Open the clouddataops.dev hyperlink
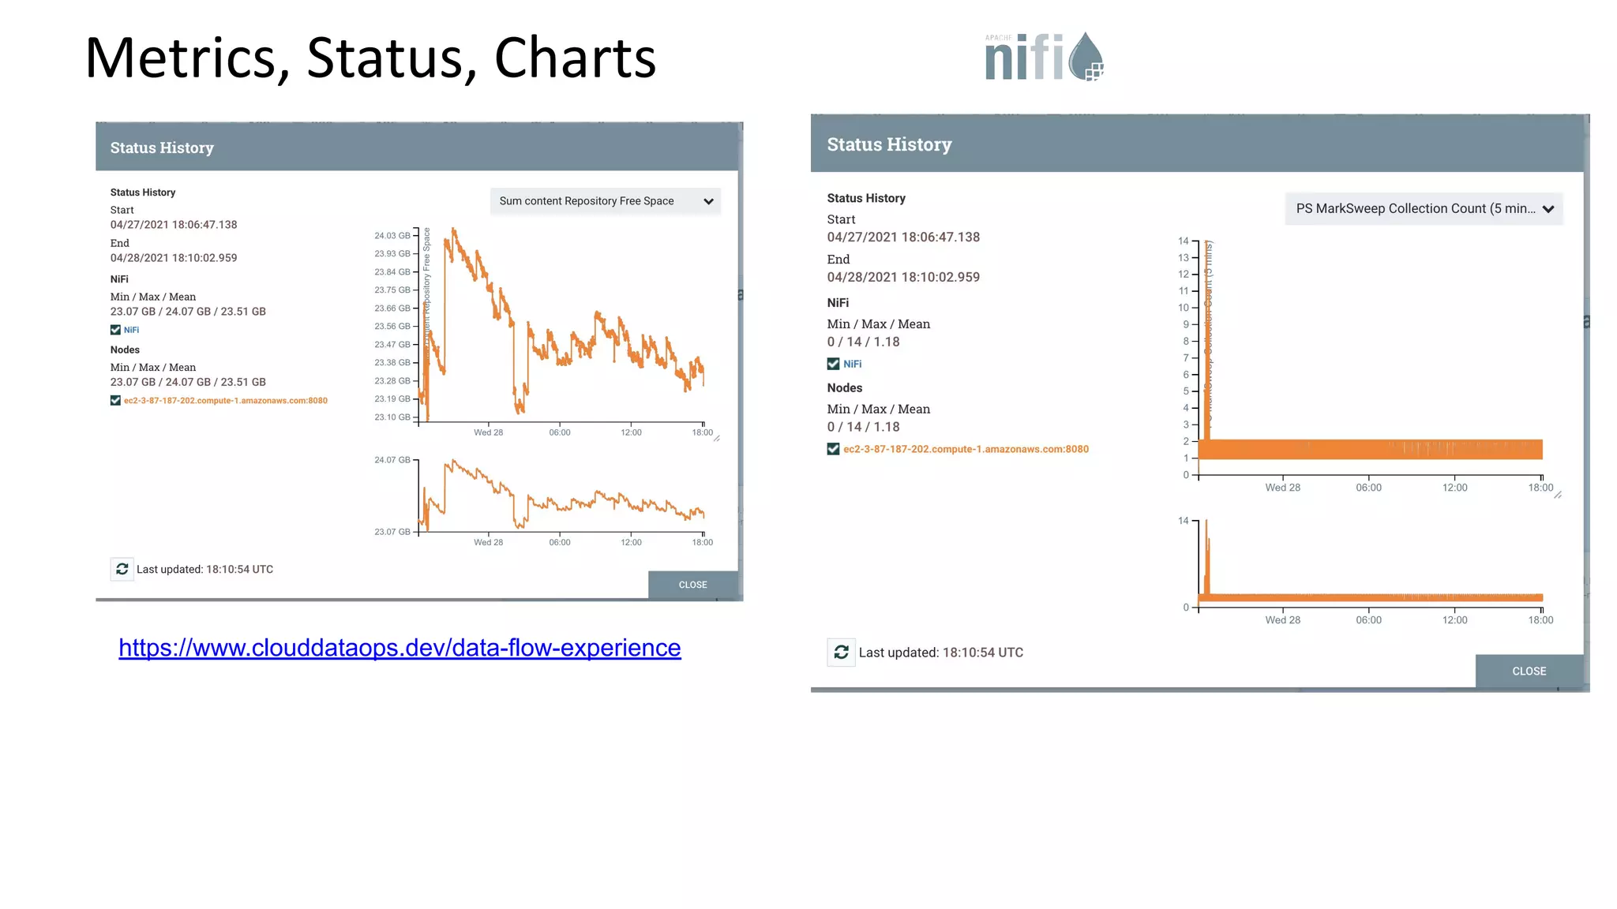click(x=400, y=648)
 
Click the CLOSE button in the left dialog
click(x=692, y=585)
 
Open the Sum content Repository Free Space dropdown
click(x=605, y=201)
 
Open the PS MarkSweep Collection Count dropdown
click(x=1424, y=209)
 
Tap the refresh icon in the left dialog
click(x=122, y=569)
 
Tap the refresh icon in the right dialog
click(x=841, y=653)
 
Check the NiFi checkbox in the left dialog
click(x=115, y=330)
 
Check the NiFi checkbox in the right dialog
click(x=833, y=364)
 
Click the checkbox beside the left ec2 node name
click(x=115, y=401)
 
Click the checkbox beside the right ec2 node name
click(x=833, y=449)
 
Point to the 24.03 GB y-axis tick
click(x=392, y=236)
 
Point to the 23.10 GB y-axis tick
click(x=392, y=417)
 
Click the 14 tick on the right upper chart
click(x=1183, y=241)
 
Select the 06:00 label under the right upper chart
click(x=1368, y=488)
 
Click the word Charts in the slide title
click(x=575, y=58)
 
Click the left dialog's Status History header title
click(x=162, y=148)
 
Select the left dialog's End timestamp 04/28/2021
click(x=173, y=258)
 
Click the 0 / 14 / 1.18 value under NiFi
click(x=863, y=342)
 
